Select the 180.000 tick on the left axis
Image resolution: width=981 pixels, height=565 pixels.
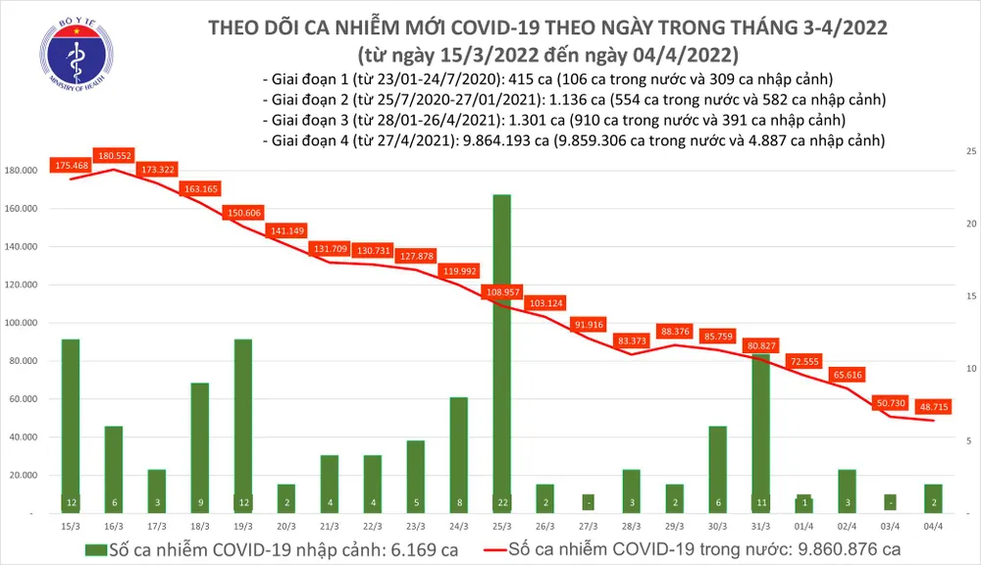pos(20,171)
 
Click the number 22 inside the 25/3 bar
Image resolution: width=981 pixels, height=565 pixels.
pos(501,502)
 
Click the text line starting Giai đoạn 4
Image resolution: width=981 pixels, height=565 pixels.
pos(574,140)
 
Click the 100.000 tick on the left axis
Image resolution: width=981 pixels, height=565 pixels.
pos(20,323)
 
